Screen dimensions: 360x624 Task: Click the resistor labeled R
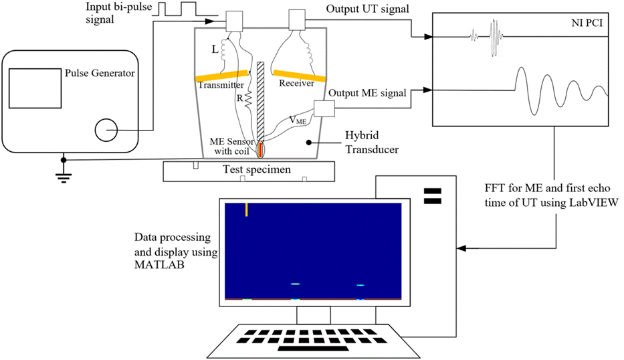(247, 100)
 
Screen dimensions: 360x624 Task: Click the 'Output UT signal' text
(367, 11)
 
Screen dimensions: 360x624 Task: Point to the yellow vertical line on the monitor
(247, 209)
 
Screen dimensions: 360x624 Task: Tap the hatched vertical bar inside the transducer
(259, 100)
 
